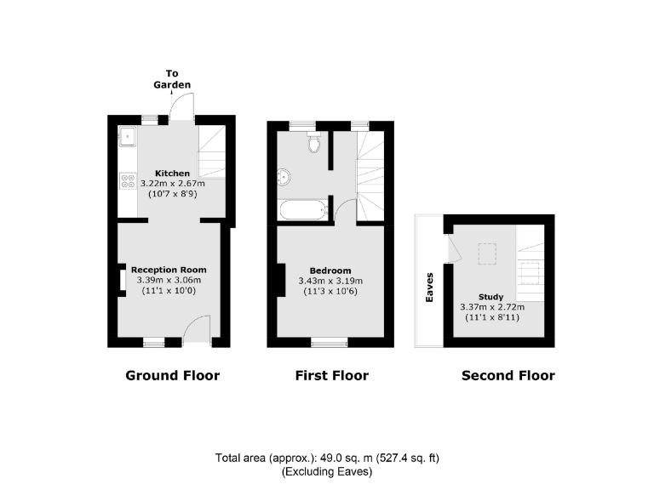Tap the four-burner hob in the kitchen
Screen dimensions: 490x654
(x=129, y=180)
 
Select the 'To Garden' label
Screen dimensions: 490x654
(x=172, y=79)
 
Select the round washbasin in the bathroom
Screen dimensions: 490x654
(x=284, y=177)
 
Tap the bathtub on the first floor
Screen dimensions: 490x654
(x=302, y=209)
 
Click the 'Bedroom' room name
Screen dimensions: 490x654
(x=330, y=271)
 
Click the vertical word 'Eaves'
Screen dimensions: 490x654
(x=430, y=287)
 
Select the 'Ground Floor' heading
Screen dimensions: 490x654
(x=172, y=375)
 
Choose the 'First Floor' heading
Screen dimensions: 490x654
(x=331, y=375)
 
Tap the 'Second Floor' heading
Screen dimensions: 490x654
(x=508, y=375)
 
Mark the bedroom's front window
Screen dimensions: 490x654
(x=329, y=342)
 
